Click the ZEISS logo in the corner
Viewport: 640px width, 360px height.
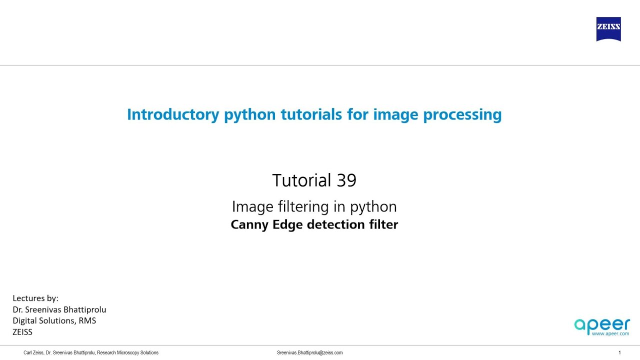coord(608,29)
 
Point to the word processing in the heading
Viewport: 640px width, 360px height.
coord(462,115)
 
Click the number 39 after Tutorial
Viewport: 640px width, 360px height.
coord(346,180)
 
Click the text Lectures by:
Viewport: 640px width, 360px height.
coord(35,298)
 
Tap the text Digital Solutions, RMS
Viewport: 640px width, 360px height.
coord(54,320)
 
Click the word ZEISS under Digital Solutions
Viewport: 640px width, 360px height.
coord(22,331)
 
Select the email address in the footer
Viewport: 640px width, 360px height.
coord(310,352)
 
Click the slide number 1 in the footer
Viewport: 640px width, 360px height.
coord(620,352)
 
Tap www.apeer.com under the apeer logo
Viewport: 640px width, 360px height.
coord(610,333)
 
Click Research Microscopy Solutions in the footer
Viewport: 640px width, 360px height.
coord(127,352)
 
